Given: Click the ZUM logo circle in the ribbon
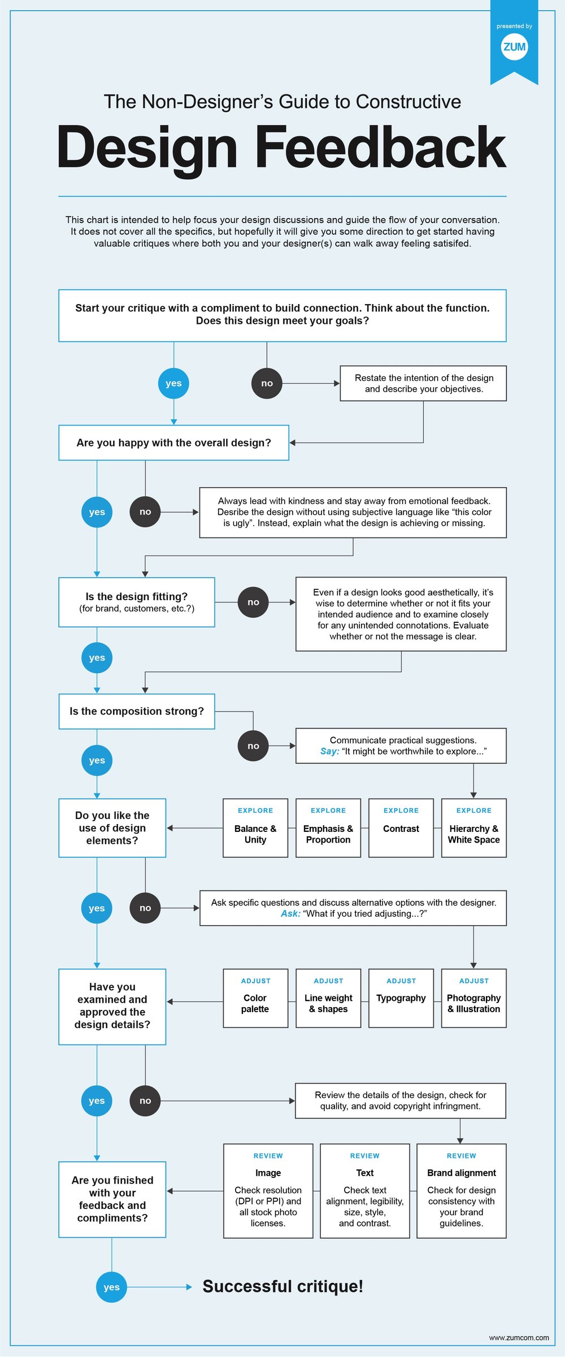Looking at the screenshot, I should click(514, 47).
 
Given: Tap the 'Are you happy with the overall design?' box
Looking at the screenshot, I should click(173, 443).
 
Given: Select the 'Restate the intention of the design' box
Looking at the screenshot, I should click(423, 383).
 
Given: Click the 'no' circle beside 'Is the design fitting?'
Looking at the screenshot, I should click(253, 602).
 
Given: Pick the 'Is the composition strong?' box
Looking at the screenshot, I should click(137, 712).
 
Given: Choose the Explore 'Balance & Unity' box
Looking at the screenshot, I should click(255, 828).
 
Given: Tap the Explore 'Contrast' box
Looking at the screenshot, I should click(401, 828).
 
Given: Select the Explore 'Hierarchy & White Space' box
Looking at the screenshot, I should click(473, 828).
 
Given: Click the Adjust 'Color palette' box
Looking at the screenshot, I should click(255, 999).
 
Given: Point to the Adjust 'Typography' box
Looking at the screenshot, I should click(401, 999).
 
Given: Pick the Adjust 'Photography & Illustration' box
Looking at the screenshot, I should click(473, 999).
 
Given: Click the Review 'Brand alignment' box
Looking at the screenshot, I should click(461, 1191).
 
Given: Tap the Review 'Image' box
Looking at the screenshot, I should click(268, 1191).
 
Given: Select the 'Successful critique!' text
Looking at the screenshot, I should click(282, 1287).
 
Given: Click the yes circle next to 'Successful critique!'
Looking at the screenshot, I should click(111, 1287).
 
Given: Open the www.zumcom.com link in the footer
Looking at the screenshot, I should click(519, 1338).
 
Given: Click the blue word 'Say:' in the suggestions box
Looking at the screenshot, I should click(329, 752).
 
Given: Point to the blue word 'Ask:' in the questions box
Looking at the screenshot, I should click(290, 914).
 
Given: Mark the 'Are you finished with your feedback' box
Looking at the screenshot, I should click(112, 1199).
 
